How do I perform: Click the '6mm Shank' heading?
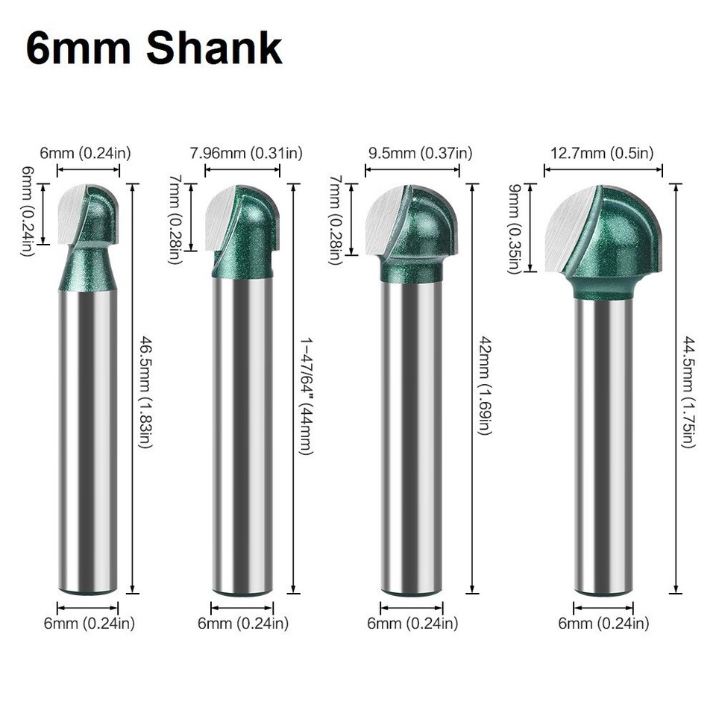(x=154, y=48)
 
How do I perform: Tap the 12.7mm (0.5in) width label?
(x=602, y=154)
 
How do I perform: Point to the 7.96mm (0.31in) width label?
(x=246, y=154)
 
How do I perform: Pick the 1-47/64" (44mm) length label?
(x=306, y=395)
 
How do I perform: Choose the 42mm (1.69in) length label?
(x=485, y=386)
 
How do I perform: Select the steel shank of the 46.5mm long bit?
(x=88, y=440)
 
